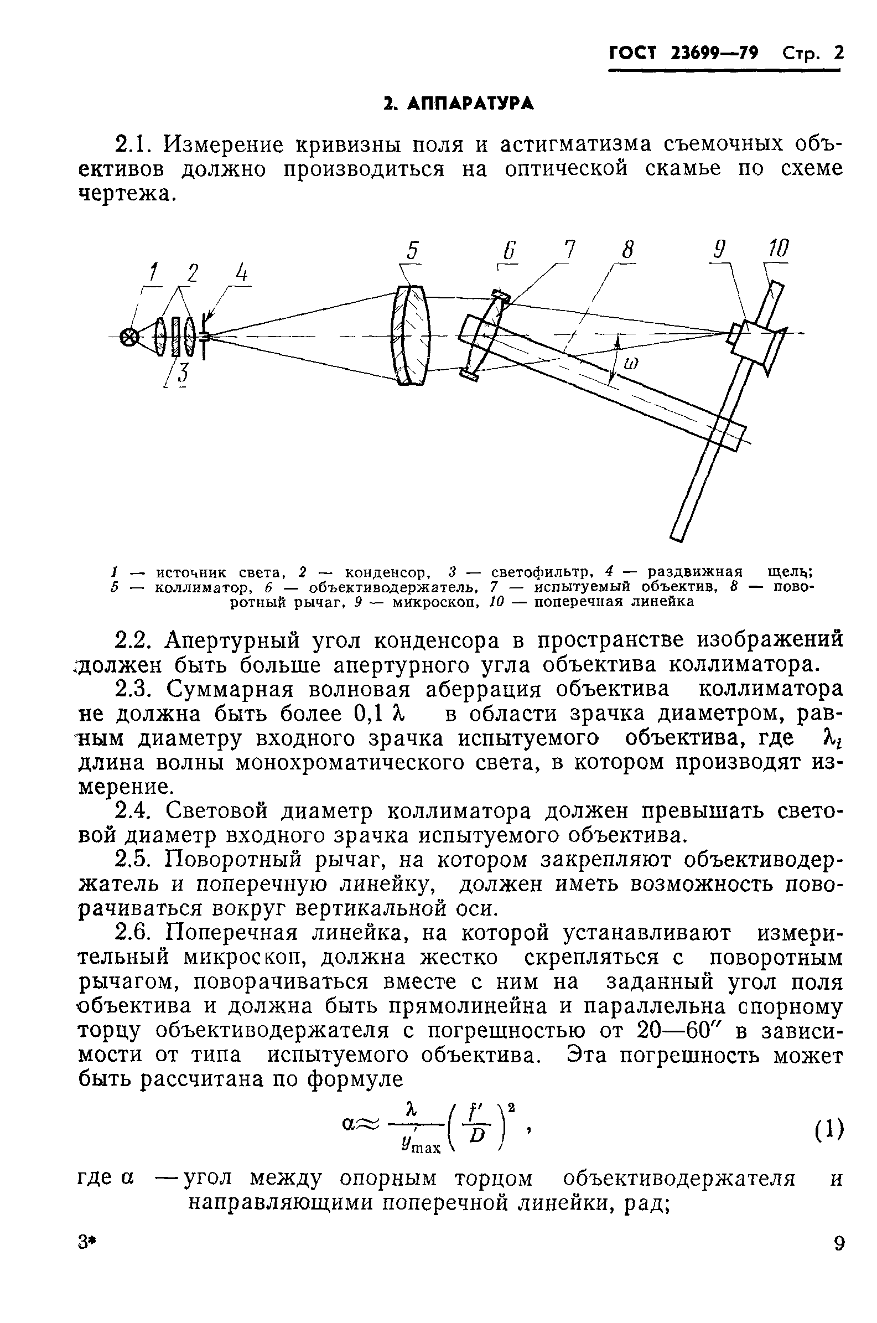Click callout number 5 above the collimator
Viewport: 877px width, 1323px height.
[x=412, y=251]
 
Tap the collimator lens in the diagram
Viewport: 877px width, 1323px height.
[x=412, y=335]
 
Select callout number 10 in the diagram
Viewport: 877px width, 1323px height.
[x=778, y=249]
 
